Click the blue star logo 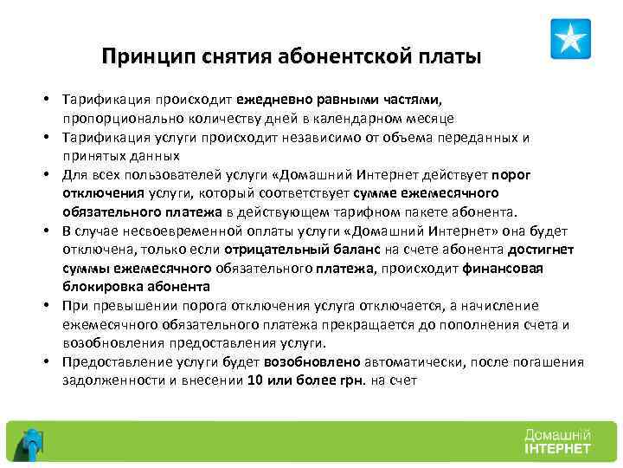[x=570, y=39]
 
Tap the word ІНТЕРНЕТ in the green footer [x=557, y=449]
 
